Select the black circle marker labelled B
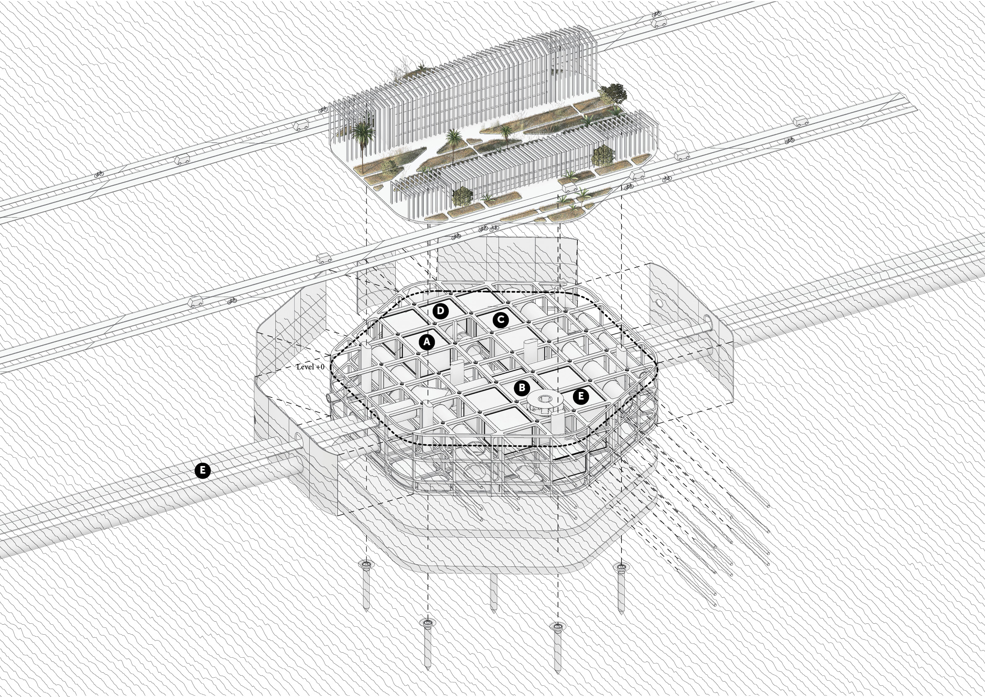(522, 388)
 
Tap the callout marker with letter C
(500, 320)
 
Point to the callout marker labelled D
(440, 310)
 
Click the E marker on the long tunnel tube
(203, 470)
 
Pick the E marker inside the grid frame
(581, 396)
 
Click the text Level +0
(310, 367)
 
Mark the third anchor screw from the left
(557, 647)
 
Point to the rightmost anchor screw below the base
(620, 588)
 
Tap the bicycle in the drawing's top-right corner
(656, 14)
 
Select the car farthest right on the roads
(801, 121)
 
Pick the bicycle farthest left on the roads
(99, 174)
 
